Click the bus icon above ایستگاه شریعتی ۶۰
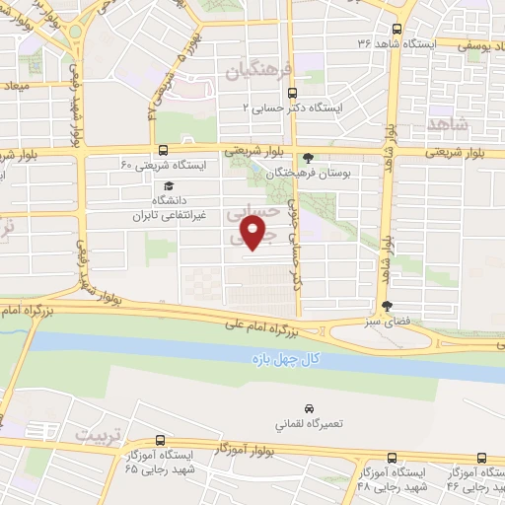[162, 151]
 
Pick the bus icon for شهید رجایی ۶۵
[162, 443]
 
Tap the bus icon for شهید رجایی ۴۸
[394, 458]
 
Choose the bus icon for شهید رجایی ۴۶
[481, 458]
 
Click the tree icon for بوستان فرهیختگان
[310, 157]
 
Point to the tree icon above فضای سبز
[388, 306]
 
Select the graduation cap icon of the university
[169, 185]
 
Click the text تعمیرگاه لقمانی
[309, 425]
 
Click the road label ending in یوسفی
[484, 44]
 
